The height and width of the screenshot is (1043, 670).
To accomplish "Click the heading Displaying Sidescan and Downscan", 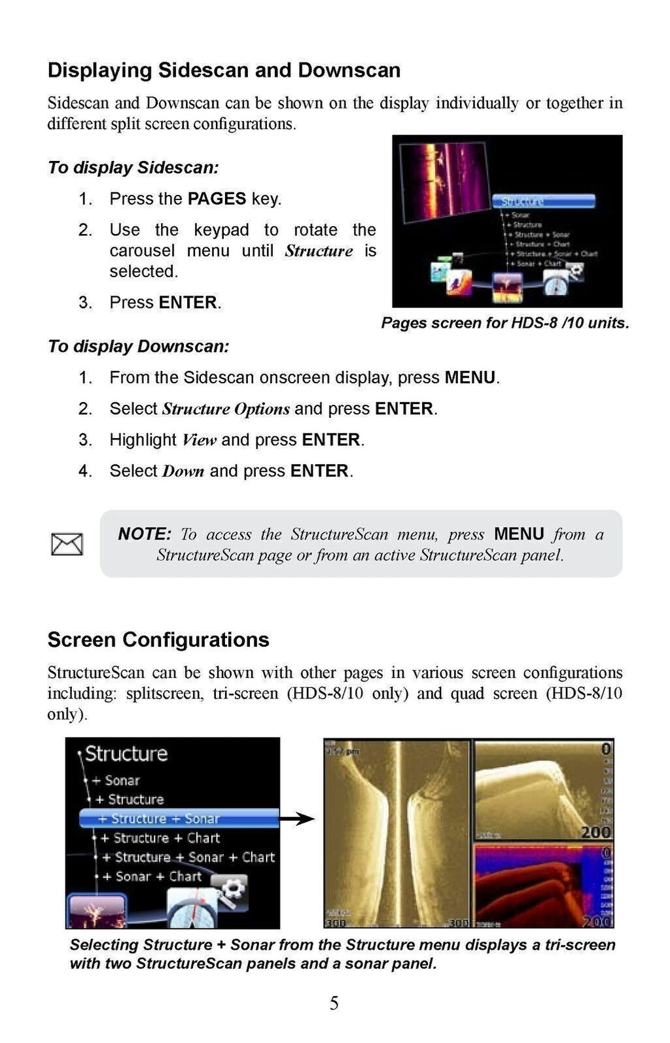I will [x=224, y=70].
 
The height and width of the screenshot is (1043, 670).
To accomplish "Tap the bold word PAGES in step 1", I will [x=217, y=199].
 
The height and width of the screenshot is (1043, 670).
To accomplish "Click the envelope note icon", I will [x=67, y=544].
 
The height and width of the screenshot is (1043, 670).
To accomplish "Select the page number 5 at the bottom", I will [x=334, y=1003].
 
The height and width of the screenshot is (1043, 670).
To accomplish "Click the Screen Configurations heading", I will [x=158, y=640].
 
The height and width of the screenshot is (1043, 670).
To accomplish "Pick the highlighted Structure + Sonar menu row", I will [x=179, y=818].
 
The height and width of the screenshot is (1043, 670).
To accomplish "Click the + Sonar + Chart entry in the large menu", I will [x=152, y=876].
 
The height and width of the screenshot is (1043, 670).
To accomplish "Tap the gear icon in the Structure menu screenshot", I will [x=232, y=891].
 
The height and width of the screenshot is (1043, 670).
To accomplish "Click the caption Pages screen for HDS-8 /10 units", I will [x=505, y=323].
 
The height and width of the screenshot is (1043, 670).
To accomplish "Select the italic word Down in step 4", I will [x=183, y=471].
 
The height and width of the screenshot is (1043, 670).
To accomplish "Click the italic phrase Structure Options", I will [x=226, y=409].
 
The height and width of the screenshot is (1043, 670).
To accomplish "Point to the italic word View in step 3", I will [x=199, y=440].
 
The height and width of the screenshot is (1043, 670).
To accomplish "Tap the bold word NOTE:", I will [x=145, y=534].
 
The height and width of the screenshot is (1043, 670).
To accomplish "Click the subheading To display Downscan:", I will [x=139, y=347].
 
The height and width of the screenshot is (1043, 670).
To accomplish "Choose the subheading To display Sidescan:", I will [x=133, y=168].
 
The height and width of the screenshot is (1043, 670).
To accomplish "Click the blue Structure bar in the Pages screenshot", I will [x=543, y=201].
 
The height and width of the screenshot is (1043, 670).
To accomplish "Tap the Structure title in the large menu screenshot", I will [x=126, y=754].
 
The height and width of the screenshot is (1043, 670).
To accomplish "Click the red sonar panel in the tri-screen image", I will [x=542, y=885].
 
